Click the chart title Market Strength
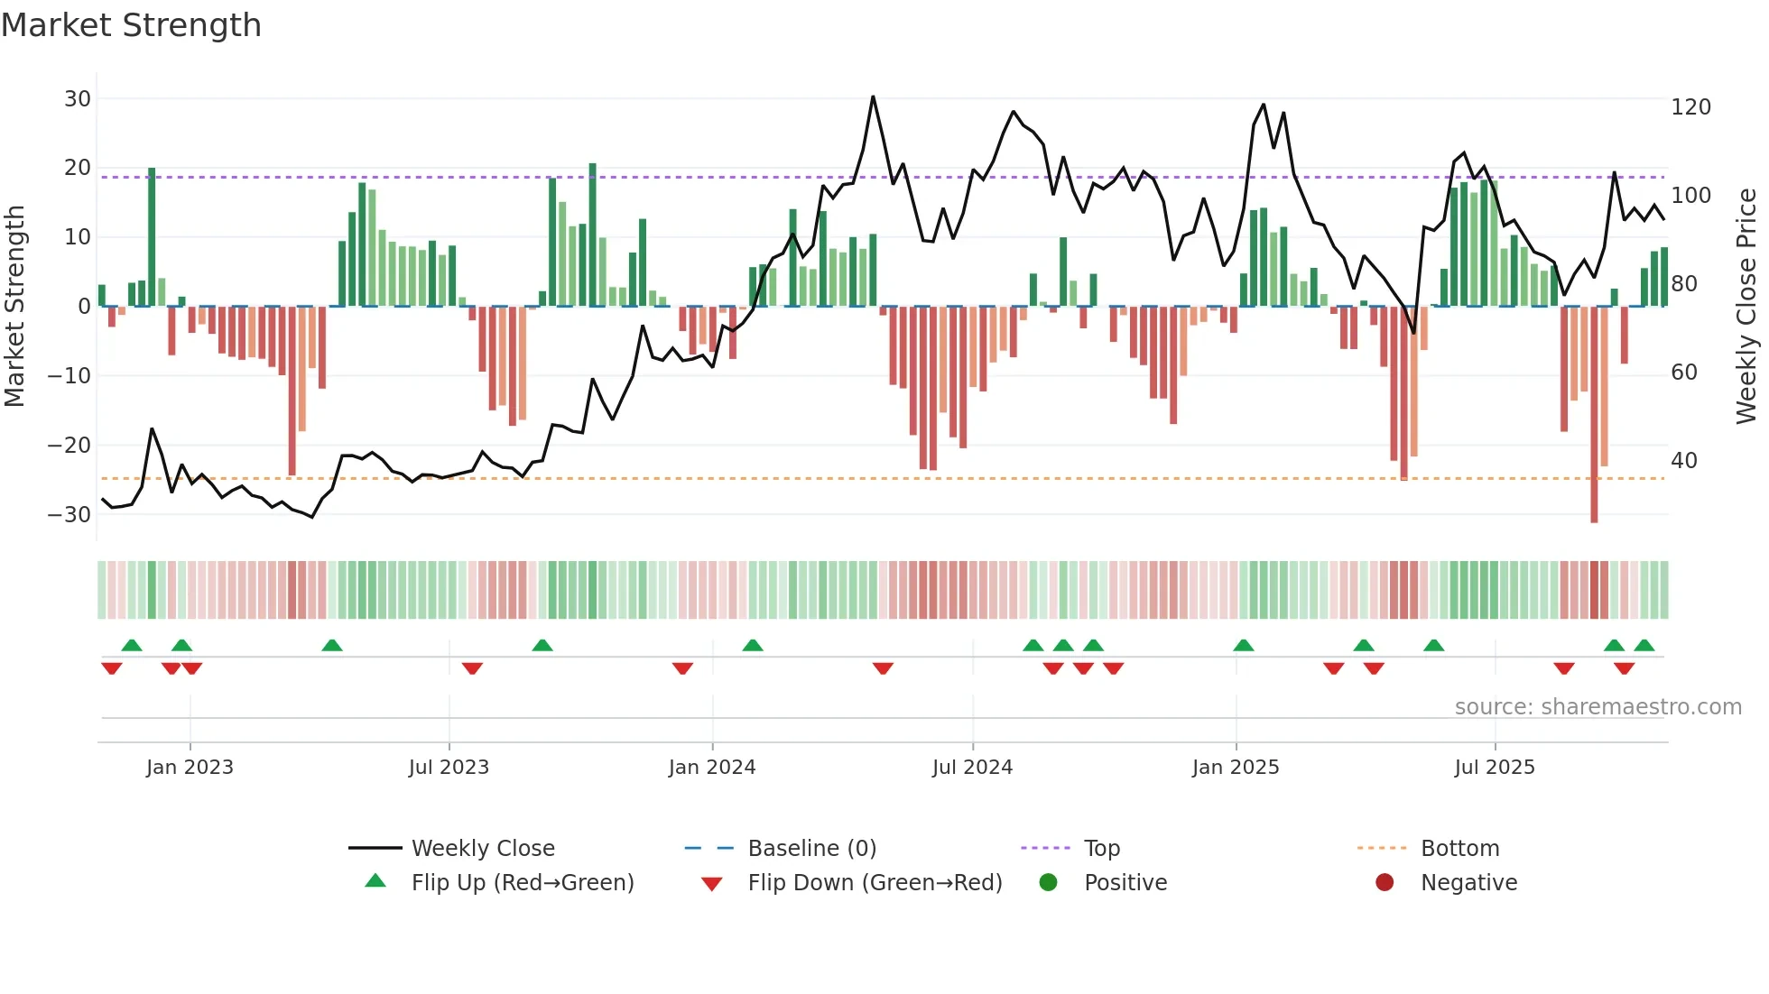pyautogui.click(x=131, y=25)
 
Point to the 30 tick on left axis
pyautogui.click(x=78, y=99)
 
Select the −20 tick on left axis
pyautogui.click(x=69, y=445)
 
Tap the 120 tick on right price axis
pyautogui.click(x=1690, y=107)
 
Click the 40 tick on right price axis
pyautogui.click(x=1684, y=461)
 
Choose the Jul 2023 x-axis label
pyautogui.click(x=449, y=768)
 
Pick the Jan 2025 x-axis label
pyautogui.click(x=1236, y=768)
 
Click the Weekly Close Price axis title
pyautogui.click(x=1746, y=307)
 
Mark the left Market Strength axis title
pyautogui.click(x=14, y=307)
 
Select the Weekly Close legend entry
pyautogui.click(x=483, y=849)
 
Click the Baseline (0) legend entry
pyautogui.click(x=812, y=849)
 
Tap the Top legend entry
pyautogui.click(x=1102, y=849)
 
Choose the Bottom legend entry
pyautogui.click(x=1459, y=849)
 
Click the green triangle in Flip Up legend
pyautogui.click(x=375, y=881)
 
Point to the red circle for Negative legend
pyautogui.click(x=1385, y=882)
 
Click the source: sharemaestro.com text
pyautogui.click(x=1598, y=707)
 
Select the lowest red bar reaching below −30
pyautogui.click(x=1594, y=415)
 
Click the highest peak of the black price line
pyautogui.click(x=873, y=97)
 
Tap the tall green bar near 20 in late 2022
pyautogui.click(x=152, y=236)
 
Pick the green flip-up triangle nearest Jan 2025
pyautogui.click(x=1244, y=645)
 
